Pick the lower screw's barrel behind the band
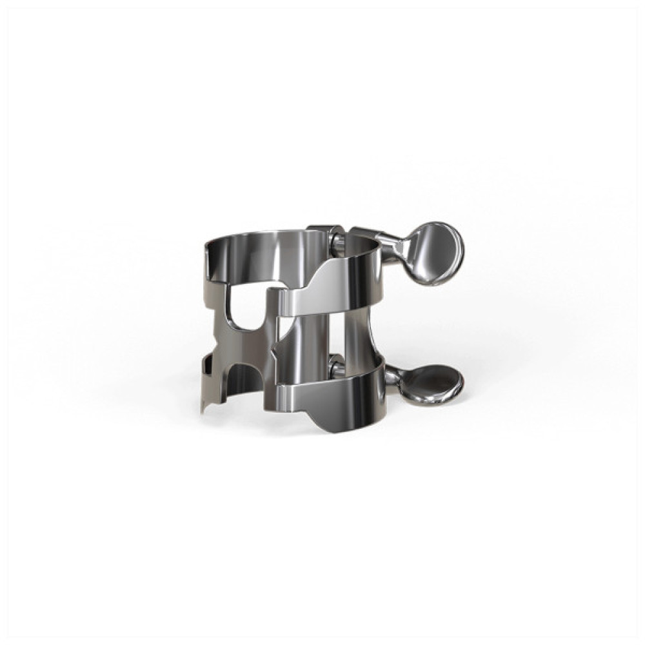click(x=336, y=368)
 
